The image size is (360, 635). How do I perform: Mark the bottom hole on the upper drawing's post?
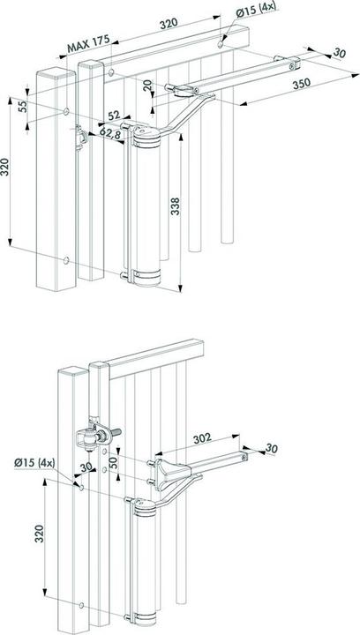tap(67, 260)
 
